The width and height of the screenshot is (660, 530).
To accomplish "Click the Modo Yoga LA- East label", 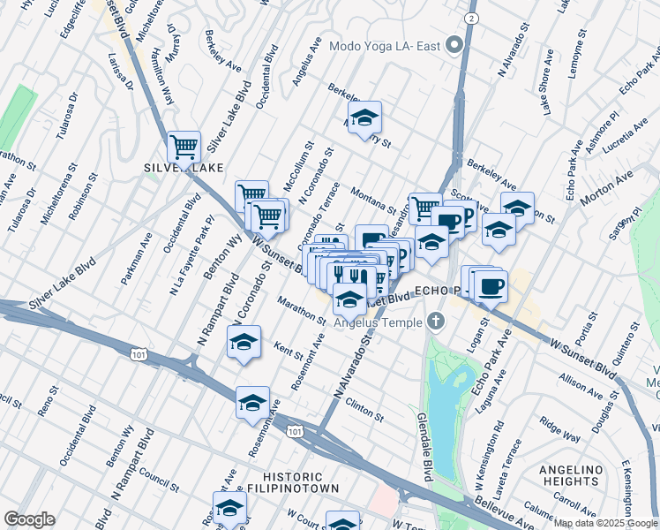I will pos(385,46).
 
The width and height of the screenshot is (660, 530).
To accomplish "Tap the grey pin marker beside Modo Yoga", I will pos(455,45).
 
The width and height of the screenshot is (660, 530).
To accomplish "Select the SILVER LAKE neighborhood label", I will pos(183,167).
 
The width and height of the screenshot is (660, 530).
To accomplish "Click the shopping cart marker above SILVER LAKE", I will pos(184,146).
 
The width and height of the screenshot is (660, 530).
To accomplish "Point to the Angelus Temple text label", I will pos(379,322).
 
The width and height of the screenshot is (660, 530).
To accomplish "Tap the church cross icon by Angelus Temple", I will pos(434,321).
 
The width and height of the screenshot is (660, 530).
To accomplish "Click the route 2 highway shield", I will pos(473,19).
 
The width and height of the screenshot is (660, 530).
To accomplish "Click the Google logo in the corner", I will pos(29,519).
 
